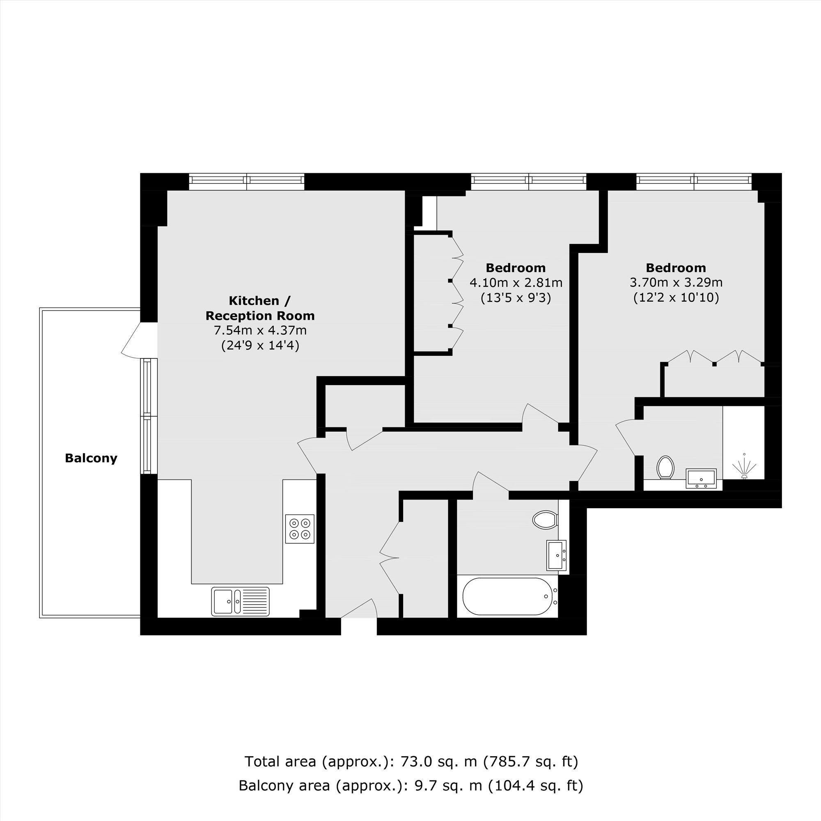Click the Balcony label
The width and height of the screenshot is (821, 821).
(x=91, y=458)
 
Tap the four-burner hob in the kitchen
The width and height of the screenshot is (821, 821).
(x=300, y=529)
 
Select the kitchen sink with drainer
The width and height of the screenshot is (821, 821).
(x=241, y=601)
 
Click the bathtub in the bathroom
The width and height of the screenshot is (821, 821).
(x=507, y=596)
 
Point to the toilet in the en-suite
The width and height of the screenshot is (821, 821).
(x=665, y=468)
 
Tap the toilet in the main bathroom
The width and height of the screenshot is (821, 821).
(x=545, y=519)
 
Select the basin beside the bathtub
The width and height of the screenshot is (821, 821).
(x=557, y=555)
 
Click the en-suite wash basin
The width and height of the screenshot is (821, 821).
(x=702, y=479)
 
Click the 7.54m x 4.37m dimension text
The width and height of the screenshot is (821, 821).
(x=260, y=330)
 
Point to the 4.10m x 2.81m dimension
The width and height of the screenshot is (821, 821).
(x=516, y=282)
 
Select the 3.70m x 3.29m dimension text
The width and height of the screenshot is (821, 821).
(x=676, y=282)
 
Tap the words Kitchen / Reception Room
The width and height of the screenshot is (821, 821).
(x=260, y=308)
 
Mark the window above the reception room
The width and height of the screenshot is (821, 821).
(x=246, y=181)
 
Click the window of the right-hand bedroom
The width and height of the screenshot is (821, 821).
(x=694, y=181)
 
